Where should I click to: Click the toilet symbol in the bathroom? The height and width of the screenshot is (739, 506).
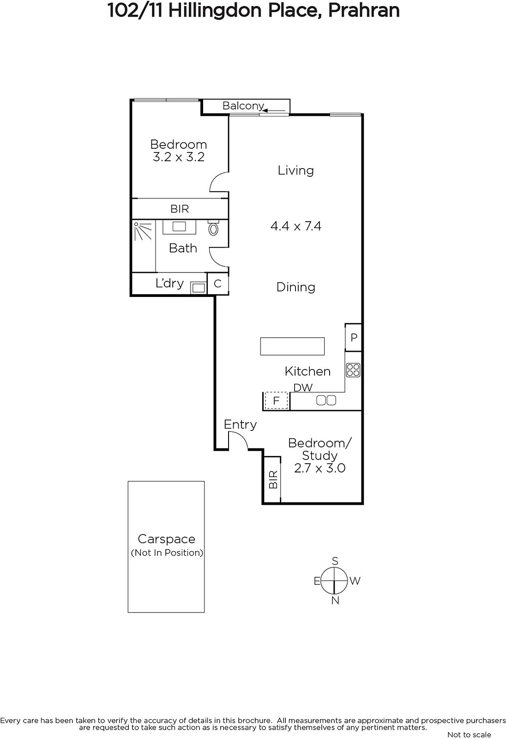(x=213, y=228)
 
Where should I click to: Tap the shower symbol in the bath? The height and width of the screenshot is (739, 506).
(x=143, y=231)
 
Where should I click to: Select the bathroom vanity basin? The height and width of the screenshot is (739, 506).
(x=179, y=227)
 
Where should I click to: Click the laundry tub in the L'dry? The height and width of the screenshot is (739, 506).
(x=198, y=288)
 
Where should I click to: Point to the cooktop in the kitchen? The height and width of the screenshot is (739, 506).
(x=353, y=370)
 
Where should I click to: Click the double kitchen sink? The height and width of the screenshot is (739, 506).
(x=326, y=400)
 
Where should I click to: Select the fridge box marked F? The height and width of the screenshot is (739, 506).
(x=277, y=400)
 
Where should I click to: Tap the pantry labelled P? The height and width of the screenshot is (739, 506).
(x=353, y=337)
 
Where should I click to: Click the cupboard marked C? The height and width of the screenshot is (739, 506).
(x=218, y=284)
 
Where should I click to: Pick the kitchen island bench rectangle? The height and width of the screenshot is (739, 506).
(x=292, y=346)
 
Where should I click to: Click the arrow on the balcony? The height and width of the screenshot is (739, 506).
(x=274, y=111)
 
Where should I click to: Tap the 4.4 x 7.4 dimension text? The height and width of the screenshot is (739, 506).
(x=296, y=226)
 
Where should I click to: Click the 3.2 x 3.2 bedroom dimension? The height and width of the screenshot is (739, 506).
(x=179, y=157)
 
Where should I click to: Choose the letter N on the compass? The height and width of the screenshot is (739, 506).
(x=335, y=600)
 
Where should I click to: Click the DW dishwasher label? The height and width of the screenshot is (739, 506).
(x=303, y=388)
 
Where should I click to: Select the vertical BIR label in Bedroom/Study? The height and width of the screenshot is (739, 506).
(x=273, y=479)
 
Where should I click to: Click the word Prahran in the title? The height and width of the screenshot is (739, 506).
(x=364, y=11)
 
